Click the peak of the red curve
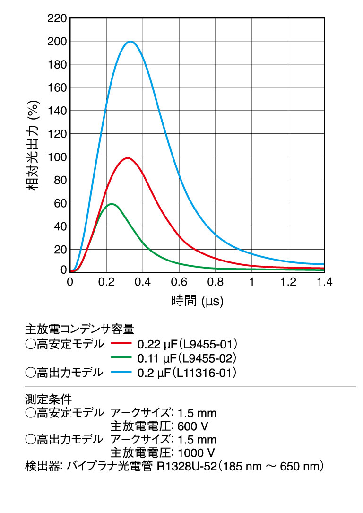tap(127, 158)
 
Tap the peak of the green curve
tap(111, 204)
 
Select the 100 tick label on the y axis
tap(57, 157)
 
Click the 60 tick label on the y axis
tap(60, 203)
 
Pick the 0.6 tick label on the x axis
tap(179, 282)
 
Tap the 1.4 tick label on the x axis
tap(324, 282)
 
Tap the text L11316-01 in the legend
tap(206, 373)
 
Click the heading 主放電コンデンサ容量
tap(79, 328)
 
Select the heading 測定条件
tap(48, 397)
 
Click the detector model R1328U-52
tap(186, 467)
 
